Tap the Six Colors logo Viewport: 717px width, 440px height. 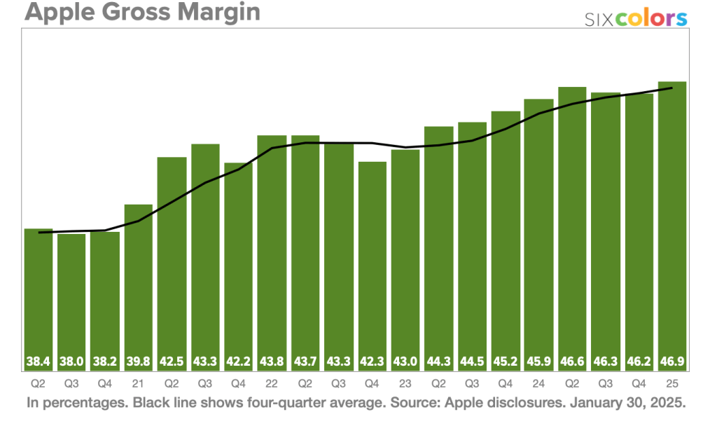click(x=636, y=19)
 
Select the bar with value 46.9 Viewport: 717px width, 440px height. click(x=671, y=224)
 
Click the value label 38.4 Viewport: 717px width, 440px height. click(x=39, y=363)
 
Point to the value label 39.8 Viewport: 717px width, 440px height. click(x=138, y=363)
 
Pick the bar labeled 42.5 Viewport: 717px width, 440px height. click(x=172, y=259)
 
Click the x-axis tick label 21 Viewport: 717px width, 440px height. click(x=138, y=385)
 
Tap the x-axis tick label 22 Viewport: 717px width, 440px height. click(x=272, y=385)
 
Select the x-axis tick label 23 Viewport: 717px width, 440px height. click(x=405, y=385)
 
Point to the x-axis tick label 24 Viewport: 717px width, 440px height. click(x=538, y=385)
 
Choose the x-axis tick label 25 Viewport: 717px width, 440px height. click(x=671, y=385)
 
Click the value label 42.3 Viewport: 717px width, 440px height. click(x=372, y=363)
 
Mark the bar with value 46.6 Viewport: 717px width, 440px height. click(x=572, y=224)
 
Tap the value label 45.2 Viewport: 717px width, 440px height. click(x=506, y=363)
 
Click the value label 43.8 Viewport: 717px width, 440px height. click(x=272, y=363)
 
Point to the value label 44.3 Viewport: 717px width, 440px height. click(x=438, y=363)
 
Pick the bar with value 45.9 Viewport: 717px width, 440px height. click(x=538, y=231)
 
